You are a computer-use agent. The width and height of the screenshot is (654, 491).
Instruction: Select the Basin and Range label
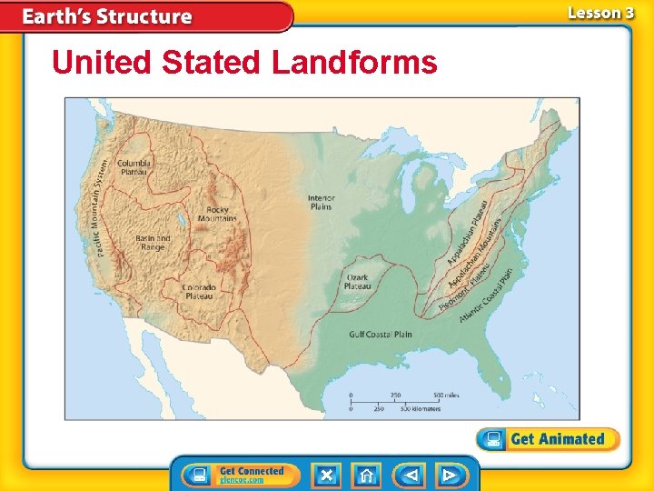coord(152,243)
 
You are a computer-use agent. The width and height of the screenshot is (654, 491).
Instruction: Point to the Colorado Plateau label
coord(198,291)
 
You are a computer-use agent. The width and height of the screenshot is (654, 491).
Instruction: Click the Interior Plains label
coord(321,202)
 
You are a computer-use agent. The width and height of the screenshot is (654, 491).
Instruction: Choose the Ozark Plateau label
coord(357,282)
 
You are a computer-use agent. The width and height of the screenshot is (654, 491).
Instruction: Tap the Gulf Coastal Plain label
coord(381,335)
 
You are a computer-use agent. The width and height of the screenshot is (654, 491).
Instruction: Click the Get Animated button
coord(548,439)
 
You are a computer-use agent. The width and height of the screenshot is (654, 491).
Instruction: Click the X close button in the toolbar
coord(326,476)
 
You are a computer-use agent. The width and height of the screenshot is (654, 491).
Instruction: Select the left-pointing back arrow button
coord(410,476)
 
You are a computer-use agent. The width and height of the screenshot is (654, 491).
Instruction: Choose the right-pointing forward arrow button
coord(449,476)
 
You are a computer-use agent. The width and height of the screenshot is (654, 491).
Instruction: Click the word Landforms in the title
coord(354,63)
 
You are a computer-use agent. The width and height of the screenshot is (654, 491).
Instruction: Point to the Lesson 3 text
coord(599,13)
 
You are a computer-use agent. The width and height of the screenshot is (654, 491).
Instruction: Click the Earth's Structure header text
coord(107,16)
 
